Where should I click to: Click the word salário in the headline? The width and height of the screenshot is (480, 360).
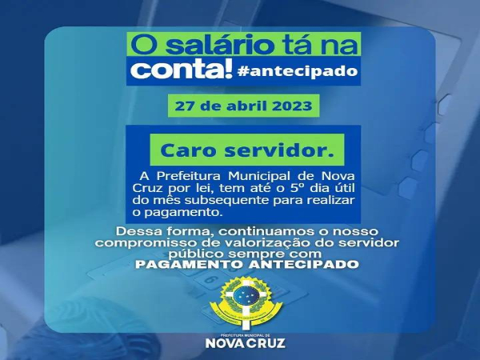[220, 46]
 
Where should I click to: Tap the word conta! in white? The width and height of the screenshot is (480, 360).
[182, 70]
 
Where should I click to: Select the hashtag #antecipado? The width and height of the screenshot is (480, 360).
[298, 71]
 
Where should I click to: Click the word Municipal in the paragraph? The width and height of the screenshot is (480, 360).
[259, 176]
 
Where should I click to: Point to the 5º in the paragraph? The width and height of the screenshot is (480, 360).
[296, 188]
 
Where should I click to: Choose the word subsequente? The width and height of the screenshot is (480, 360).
[226, 200]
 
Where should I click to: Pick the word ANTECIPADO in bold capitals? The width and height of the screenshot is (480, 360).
[304, 265]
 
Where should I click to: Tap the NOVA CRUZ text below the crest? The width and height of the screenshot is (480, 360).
[246, 343]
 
